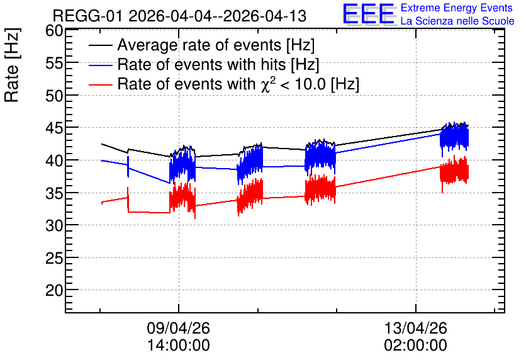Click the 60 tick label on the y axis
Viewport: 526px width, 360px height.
click(x=54, y=31)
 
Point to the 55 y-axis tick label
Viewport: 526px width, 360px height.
click(x=54, y=63)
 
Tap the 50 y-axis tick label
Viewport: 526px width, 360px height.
click(x=54, y=96)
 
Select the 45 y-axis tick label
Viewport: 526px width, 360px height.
click(x=54, y=128)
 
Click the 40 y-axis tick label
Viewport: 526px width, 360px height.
click(x=54, y=160)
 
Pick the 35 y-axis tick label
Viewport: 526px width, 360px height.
click(x=54, y=193)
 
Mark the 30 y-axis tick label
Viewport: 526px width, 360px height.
click(x=54, y=225)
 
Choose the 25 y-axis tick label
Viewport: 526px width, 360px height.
click(x=54, y=258)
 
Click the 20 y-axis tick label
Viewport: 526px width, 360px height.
click(x=54, y=291)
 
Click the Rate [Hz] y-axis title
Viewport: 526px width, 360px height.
click(x=12, y=65)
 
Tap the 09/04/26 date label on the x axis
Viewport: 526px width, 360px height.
click(x=178, y=328)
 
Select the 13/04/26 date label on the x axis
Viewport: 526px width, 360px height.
click(x=416, y=328)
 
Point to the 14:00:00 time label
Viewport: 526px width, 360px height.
click(x=179, y=346)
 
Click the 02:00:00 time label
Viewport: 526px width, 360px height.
click(x=416, y=346)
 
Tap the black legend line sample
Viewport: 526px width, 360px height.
click(x=100, y=45)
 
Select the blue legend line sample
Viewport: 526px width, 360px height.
click(x=100, y=65)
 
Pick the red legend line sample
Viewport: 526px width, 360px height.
click(x=100, y=84)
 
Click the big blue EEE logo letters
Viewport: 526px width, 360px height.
click(x=369, y=14)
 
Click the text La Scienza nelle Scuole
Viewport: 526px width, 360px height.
click(x=457, y=21)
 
